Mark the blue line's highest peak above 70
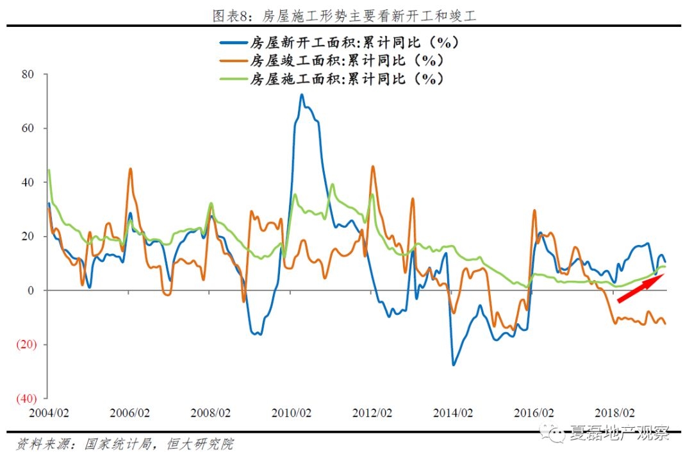(302, 95)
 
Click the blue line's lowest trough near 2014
(453, 364)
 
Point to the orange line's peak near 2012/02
(373, 167)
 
